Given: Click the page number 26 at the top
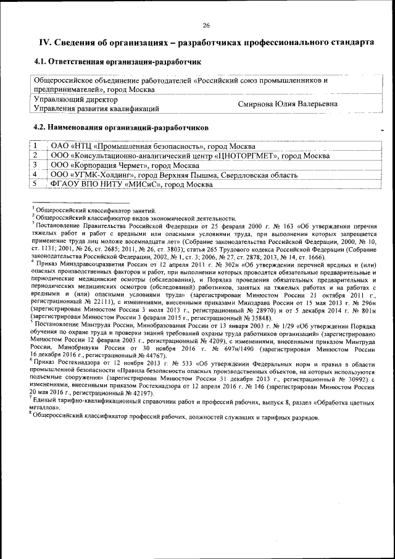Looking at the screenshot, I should (x=206, y=25).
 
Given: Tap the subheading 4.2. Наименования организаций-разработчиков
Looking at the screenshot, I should (x=120, y=127).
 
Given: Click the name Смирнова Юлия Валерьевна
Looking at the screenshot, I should (x=288, y=104).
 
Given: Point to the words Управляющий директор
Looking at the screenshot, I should (x=75, y=99).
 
